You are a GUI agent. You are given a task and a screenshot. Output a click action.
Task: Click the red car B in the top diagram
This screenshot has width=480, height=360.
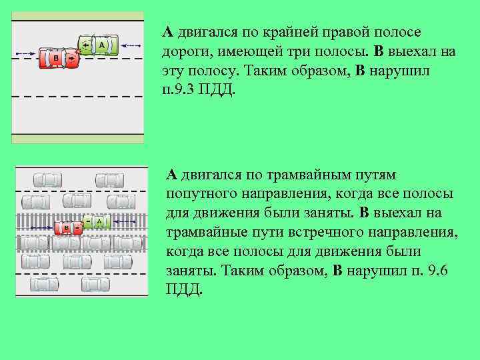click(x=59, y=59)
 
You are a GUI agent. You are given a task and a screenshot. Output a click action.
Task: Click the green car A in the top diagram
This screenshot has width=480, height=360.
click(x=98, y=45)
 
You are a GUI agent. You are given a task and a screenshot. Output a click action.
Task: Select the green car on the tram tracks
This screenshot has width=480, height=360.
click(x=97, y=221)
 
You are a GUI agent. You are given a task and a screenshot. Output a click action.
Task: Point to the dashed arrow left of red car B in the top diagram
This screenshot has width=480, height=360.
click(x=25, y=52)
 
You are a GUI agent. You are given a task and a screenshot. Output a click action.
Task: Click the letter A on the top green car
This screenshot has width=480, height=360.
click(x=102, y=45)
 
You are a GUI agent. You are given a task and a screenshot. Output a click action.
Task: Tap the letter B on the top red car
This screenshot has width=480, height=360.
click(x=56, y=59)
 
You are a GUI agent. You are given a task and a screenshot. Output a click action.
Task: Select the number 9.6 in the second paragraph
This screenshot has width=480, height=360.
click(x=441, y=271)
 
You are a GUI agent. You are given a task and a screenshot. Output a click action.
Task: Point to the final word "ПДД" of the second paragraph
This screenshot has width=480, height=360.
click(x=181, y=290)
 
